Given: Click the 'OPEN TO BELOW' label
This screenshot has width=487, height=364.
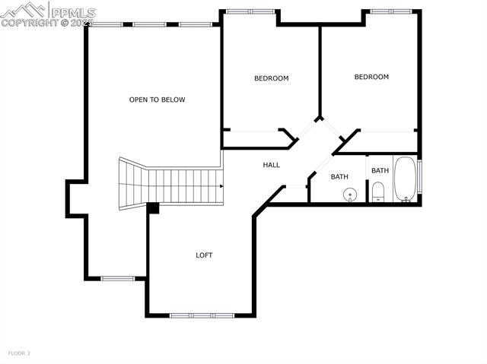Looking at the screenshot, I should pos(157,100).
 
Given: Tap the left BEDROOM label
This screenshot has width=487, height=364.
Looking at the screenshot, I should pos(271,78).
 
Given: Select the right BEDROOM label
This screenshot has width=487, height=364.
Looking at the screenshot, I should pos(371,77).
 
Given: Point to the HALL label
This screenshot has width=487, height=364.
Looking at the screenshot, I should pos(272,165).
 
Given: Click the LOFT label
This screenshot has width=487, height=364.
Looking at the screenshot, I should pos(204,255).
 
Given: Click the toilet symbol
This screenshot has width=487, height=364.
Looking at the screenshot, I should pos(378,192).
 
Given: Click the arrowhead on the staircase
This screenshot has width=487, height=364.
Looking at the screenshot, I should pos(221,186).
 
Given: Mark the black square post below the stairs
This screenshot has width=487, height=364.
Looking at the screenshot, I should pos(153,207).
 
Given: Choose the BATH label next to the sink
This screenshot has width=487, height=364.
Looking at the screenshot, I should pos(339,177).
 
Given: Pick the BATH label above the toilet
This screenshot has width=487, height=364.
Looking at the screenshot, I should pos(380,170).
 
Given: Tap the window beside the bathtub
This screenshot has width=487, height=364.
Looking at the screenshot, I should pos(420,176).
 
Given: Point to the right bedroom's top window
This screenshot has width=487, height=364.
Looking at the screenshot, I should pos(390,11).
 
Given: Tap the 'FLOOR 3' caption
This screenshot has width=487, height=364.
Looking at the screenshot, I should pos(19,353).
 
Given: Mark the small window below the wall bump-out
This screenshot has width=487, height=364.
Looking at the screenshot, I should pos(118,278).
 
